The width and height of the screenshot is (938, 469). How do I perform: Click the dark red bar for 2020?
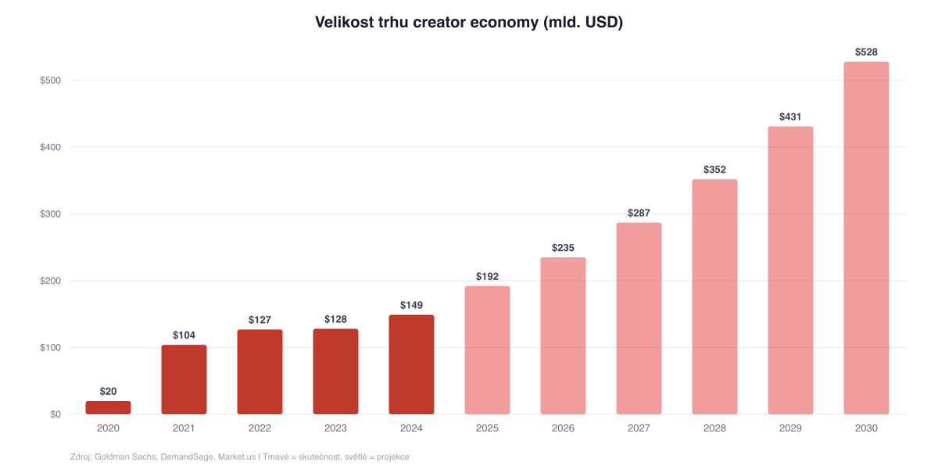pyautogui.click(x=108, y=407)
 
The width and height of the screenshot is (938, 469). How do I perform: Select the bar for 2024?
pyautogui.click(x=411, y=364)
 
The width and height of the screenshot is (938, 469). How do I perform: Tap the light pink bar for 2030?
pyautogui.click(x=866, y=238)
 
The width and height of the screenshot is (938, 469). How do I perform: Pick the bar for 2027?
pyautogui.click(x=639, y=318)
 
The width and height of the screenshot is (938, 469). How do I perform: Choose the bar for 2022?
pyautogui.click(x=260, y=371)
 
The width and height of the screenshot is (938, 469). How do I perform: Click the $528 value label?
pyautogui.click(x=866, y=52)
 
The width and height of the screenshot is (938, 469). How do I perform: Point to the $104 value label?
pyautogui.click(x=184, y=335)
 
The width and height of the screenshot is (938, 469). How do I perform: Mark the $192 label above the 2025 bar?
pyautogui.click(x=487, y=277)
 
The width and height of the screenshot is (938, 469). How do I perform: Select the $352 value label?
pyautogui.click(x=714, y=170)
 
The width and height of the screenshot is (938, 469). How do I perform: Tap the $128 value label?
pyautogui.click(x=335, y=320)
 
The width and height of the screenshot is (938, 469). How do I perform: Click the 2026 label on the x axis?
pyautogui.click(x=563, y=428)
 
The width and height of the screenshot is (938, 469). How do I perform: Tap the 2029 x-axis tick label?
pyautogui.click(x=790, y=428)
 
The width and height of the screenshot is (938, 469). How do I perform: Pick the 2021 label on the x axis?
pyautogui.click(x=184, y=428)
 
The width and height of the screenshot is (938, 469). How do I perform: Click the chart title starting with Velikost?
pyautogui.click(x=468, y=23)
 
